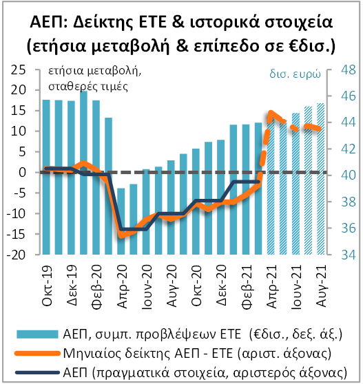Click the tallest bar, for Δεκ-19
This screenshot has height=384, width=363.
click(83, 131)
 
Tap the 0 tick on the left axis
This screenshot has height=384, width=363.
click(23, 172)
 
